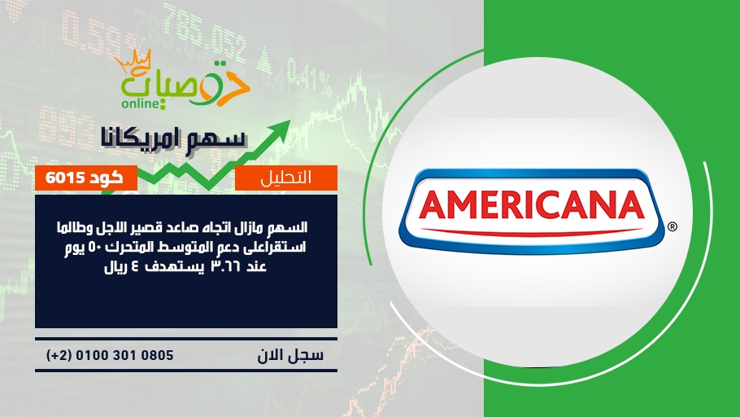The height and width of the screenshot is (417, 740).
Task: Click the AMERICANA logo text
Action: point(532,204)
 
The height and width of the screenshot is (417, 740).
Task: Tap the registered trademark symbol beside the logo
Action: point(672,226)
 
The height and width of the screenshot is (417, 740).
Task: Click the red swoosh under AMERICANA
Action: point(532,232)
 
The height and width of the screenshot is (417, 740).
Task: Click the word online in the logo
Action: point(141,103)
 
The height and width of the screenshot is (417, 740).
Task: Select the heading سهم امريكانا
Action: point(174,138)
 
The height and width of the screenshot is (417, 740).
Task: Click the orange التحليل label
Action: point(286,178)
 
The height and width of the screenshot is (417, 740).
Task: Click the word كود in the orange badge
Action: point(107,178)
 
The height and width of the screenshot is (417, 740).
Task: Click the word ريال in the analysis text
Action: point(115,267)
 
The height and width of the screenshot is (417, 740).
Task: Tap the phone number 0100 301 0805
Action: point(124,355)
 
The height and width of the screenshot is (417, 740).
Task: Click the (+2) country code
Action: point(59,355)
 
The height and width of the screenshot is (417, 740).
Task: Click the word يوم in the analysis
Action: point(76,248)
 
